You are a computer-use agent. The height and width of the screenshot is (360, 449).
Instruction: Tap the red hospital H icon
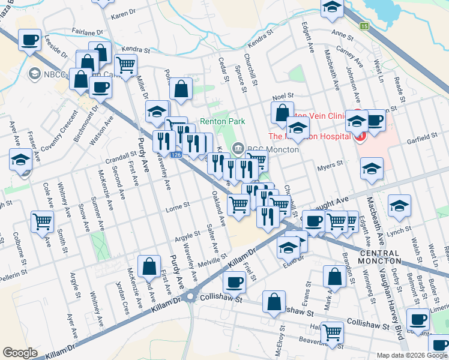[x=360, y=136]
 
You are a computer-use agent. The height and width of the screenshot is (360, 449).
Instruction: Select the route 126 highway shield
[x=175, y=155]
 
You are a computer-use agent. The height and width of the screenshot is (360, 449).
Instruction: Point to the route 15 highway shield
[x=364, y=26]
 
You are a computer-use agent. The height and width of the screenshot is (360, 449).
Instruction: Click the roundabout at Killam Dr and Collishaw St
[x=191, y=296]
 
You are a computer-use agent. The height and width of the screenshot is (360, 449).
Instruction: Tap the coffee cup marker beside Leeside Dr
[x=29, y=41]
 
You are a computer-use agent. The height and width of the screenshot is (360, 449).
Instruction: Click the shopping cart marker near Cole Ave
[x=43, y=221]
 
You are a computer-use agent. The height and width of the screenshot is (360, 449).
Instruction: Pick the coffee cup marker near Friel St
[x=234, y=281]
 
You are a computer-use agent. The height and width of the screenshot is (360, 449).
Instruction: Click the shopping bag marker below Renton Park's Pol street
[x=180, y=89]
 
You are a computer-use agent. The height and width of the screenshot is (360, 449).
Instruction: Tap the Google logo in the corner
[x=20, y=353]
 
